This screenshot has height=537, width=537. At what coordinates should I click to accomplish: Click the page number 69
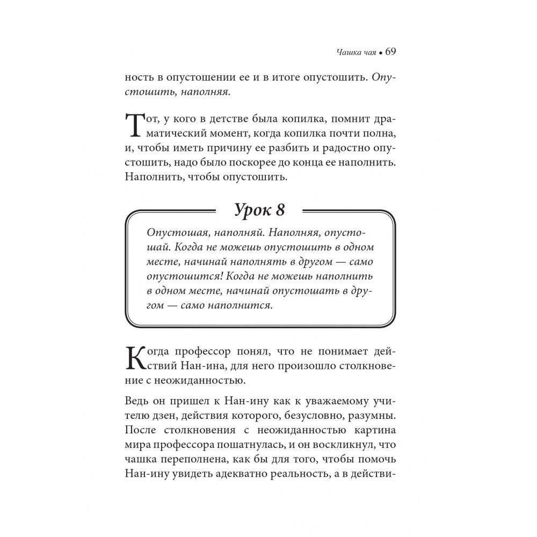pyautogui.click(x=390, y=52)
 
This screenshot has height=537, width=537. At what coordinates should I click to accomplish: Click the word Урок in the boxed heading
pyautogui.click(x=257, y=211)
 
